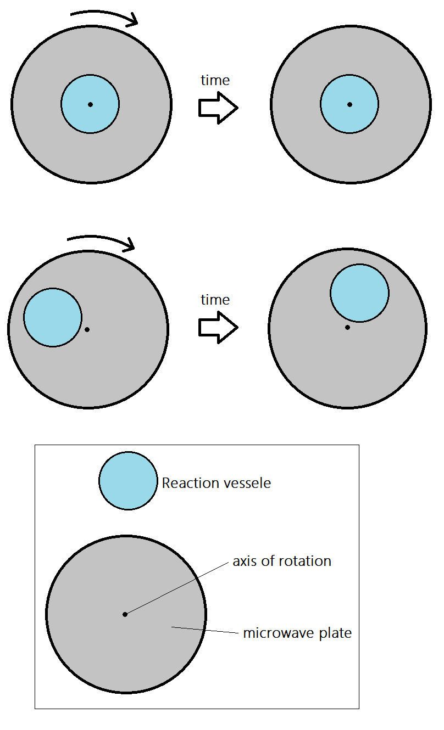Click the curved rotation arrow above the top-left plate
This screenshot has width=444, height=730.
click(x=104, y=14)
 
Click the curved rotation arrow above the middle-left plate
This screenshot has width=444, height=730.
click(x=102, y=240)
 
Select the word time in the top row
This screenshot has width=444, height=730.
click(x=215, y=80)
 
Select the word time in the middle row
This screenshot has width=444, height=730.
click(x=215, y=300)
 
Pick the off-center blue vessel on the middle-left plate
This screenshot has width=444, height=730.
click(x=52, y=317)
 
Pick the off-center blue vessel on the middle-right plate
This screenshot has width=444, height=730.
click(x=359, y=293)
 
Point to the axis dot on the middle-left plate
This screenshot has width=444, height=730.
click(x=87, y=329)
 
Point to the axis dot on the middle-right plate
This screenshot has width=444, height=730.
click(x=347, y=328)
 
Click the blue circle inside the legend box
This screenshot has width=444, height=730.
click(x=128, y=481)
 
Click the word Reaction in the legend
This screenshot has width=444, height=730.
click(x=187, y=483)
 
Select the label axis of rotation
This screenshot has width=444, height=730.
click(x=282, y=561)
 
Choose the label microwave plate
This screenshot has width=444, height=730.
click(x=297, y=633)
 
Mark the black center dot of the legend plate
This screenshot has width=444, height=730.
click(x=125, y=614)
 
